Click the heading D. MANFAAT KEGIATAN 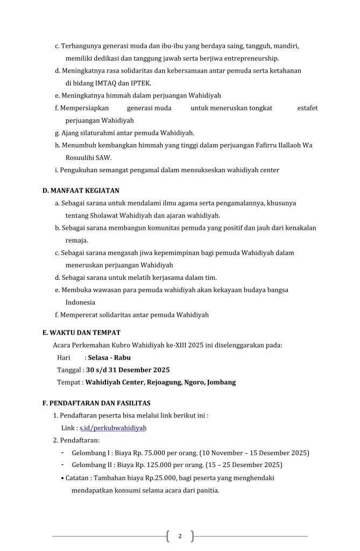click(81, 190)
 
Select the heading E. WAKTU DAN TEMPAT click(81, 333)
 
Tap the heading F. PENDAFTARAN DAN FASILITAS click(96, 403)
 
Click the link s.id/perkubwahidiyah click(113, 428)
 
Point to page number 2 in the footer click(180, 536)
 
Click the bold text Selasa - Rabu click(110, 357)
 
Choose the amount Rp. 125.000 click(144, 465)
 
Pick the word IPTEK click(141, 83)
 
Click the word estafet click(307, 108)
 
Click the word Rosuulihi click(80, 158)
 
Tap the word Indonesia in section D click(80, 302)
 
